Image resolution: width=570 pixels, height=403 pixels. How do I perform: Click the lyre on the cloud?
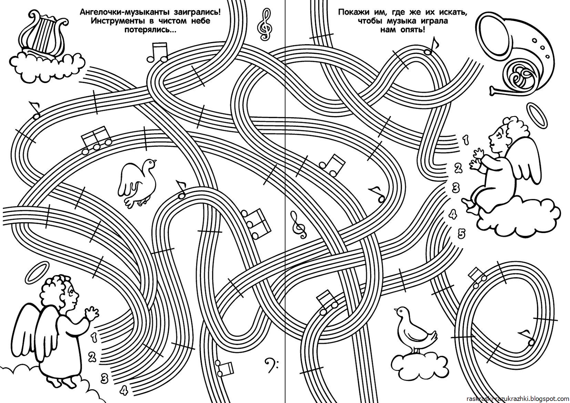pos(43,36)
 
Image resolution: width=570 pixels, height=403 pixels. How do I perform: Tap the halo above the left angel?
pos(37,271)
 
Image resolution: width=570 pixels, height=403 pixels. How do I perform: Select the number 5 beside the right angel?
pos(461,233)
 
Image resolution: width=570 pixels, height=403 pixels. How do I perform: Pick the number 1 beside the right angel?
pos(465,140)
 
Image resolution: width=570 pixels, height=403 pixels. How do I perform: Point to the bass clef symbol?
pos(271,365)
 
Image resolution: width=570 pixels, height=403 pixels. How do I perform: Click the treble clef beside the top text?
pos(265,24)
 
